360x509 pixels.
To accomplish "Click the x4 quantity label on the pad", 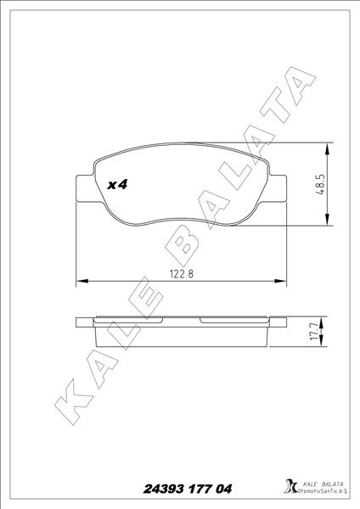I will pyautogui.click(x=118, y=184).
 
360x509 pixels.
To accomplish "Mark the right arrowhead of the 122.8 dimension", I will pyautogui.click(x=283, y=280).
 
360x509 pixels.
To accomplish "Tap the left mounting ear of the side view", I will pyautogui.click(x=84, y=322).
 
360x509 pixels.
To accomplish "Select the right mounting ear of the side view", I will pyautogui.click(x=277, y=322).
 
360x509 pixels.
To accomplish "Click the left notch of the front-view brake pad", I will pyautogui.click(x=82, y=188).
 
